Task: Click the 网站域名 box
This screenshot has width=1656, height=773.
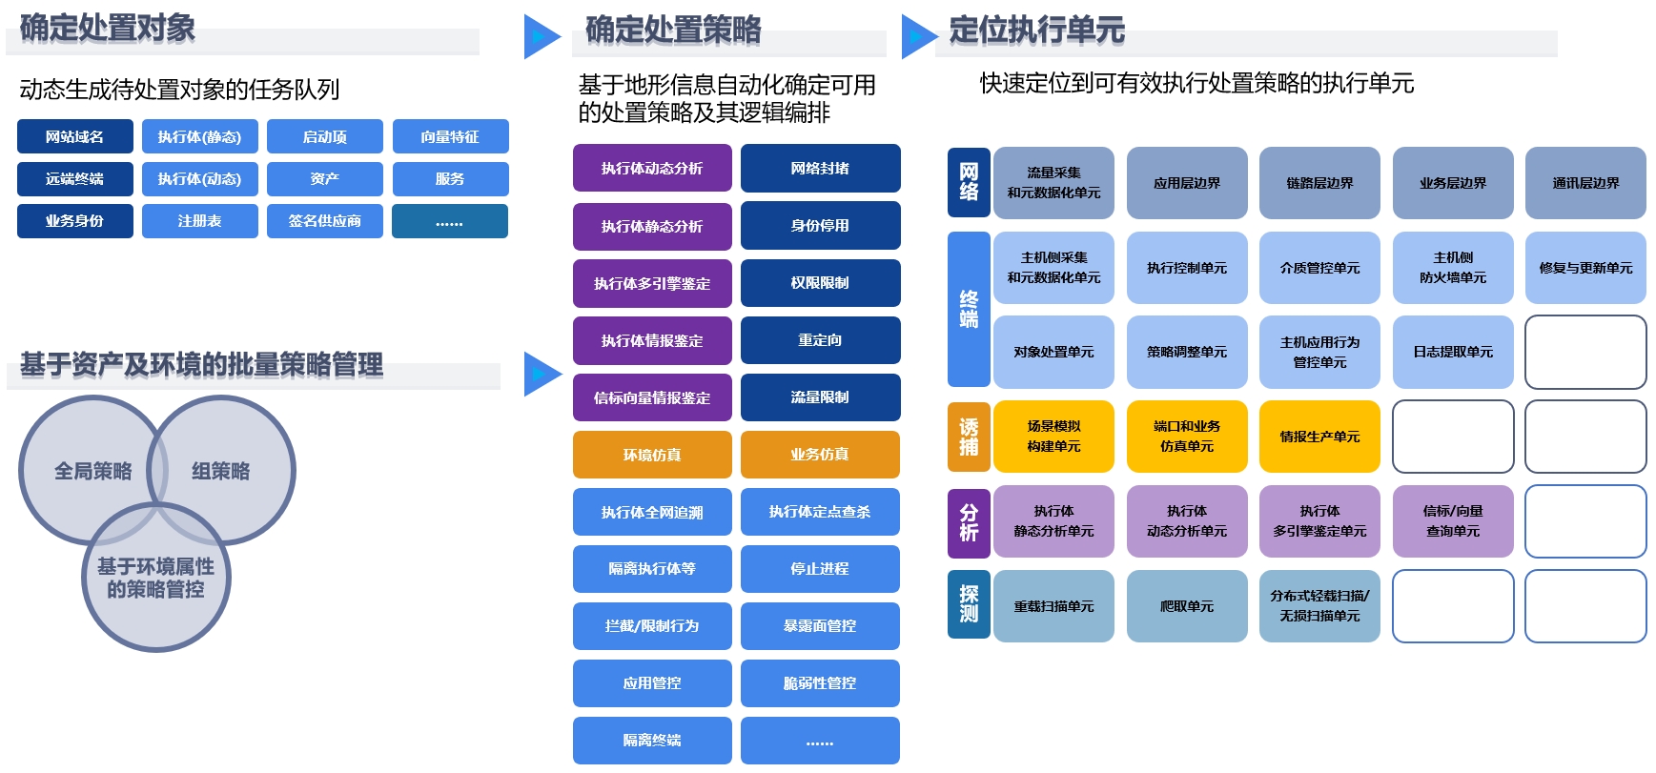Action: pyautogui.click(x=74, y=136)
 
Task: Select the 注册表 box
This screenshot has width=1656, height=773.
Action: pyautogui.click(x=199, y=221)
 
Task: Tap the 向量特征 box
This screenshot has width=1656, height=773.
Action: pyautogui.click(x=450, y=136)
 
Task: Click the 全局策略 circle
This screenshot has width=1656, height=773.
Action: pyautogui.click(x=92, y=471)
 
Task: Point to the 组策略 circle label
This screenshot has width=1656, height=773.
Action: pyautogui.click(x=221, y=471)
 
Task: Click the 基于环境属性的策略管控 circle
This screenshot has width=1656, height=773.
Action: pyautogui.click(x=156, y=579)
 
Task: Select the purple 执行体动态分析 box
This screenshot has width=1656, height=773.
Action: pyautogui.click(x=652, y=169)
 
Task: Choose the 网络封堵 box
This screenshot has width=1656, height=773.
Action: pyautogui.click(x=820, y=169)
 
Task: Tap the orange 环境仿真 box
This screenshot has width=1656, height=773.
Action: pyautogui.click(x=652, y=455)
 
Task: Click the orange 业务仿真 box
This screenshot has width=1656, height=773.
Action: pyautogui.click(x=820, y=455)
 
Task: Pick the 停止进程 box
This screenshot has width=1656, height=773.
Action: pyautogui.click(x=820, y=569)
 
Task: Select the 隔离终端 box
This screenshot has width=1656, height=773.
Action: pyautogui.click(x=652, y=741)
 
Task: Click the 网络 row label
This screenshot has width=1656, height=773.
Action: pyautogui.click(x=969, y=182)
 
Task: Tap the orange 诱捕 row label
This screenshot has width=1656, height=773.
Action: pyautogui.click(x=969, y=437)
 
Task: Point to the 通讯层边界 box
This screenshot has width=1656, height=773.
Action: pyautogui.click(x=1585, y=183)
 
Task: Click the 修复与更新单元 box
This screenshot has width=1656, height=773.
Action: pyautogui.click(x=1585, y=268)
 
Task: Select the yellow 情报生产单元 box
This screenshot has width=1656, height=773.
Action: pyautogui.click(x=1319, y=437)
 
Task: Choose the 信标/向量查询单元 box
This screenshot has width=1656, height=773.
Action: pyautogui.click(x=1453, y=521)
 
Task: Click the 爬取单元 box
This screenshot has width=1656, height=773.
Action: pyautogui.click(x=1187, y=606)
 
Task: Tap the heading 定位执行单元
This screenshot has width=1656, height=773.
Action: pyautogui.click(x=1036, y=31)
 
